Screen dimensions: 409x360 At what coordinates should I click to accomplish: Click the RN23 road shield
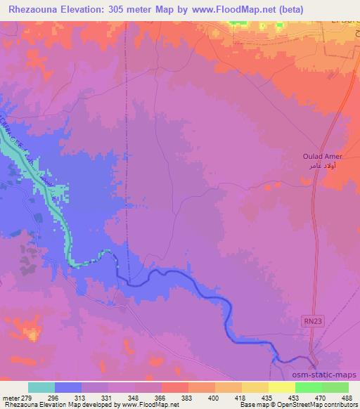[x=314, y=319]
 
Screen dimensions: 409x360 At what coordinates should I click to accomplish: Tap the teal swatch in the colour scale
[x=41, y=387]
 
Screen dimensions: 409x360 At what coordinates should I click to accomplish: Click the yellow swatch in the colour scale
[x=281, y=387]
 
